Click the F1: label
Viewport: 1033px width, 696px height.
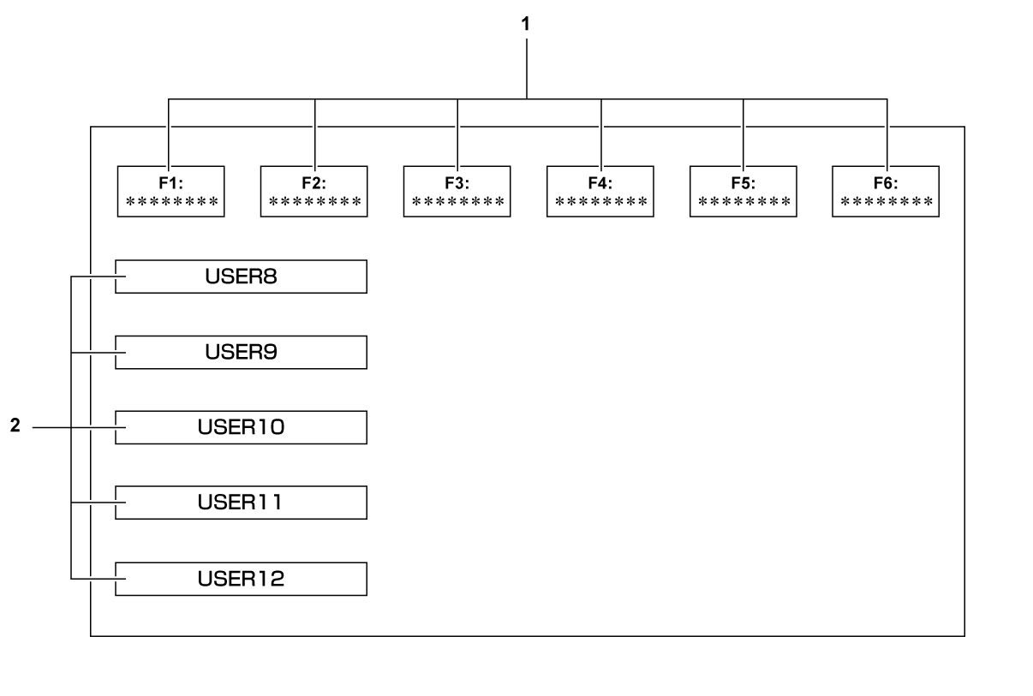point(170,182)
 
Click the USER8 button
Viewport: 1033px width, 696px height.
point(241,277)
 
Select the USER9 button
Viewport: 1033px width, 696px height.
point(241,352)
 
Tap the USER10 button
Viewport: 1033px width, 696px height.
point(241,427)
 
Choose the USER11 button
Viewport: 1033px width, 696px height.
point(241,503)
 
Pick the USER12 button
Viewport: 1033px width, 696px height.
point(241,579)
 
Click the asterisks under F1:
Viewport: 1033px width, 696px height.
point(170,202)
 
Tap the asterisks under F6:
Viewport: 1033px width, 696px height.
point(886,202)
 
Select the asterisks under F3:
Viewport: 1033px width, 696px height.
point(457,202)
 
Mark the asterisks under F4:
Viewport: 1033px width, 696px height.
point(600,202)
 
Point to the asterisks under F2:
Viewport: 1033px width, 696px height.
point(313,202)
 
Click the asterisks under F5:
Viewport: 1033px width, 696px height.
point(743,202)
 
